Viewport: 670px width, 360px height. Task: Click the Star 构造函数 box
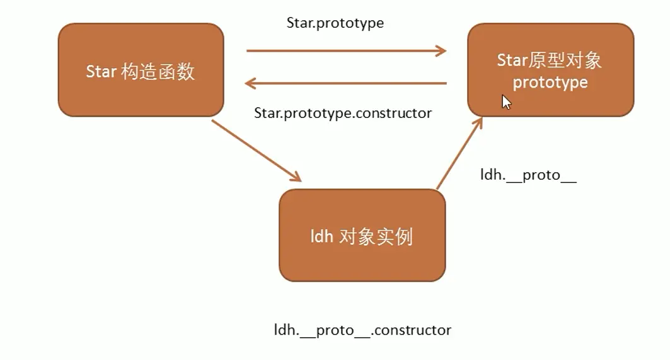141,70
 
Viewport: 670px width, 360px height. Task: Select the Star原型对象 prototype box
550,70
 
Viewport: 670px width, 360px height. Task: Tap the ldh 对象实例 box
362,235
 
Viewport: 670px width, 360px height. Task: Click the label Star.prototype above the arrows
335,23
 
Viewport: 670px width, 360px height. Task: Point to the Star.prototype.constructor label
343,113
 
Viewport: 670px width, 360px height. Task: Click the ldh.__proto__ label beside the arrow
528,175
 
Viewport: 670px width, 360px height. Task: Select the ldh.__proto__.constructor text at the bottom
362,330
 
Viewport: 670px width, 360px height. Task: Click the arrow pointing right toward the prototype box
346,51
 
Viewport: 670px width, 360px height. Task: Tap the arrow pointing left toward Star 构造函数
346,83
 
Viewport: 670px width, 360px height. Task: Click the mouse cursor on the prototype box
506,102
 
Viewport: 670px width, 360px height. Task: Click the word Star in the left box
101,71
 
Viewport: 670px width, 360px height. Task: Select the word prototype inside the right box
550,83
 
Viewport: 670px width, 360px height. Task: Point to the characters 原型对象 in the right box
565,61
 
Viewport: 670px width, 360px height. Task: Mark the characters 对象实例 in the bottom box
376,236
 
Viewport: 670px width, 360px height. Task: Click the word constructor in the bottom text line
413,330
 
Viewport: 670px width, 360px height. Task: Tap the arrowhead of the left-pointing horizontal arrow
250,83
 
